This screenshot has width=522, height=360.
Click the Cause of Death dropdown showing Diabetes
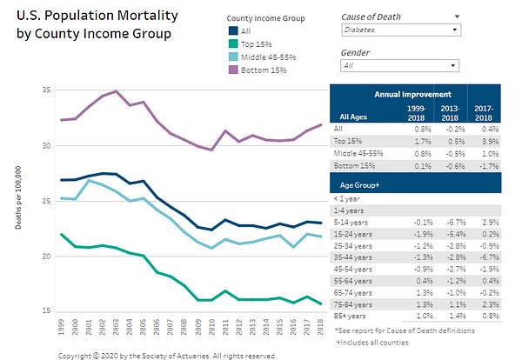point(399,30)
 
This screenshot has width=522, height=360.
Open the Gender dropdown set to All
point(399,66)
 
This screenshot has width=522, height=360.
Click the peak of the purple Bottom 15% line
point(117,91)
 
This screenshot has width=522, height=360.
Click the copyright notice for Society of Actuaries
point(167,355)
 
